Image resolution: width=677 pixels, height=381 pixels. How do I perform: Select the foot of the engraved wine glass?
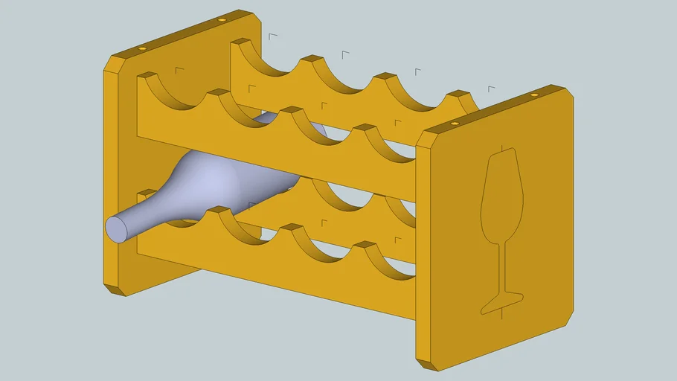(x=502, y=301)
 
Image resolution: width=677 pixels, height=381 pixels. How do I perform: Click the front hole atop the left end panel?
(x=142, y=48)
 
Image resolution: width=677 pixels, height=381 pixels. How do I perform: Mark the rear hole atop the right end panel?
(x=533, y=97)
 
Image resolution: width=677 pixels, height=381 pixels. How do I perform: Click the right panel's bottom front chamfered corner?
(x=426, y=364)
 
